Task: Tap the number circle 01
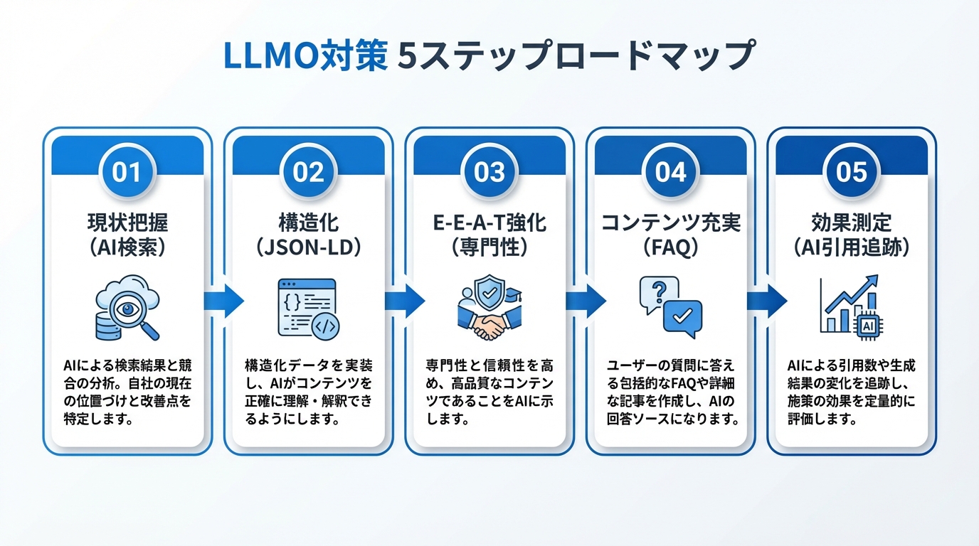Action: pos(127,173)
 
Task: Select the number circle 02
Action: pos(308,173)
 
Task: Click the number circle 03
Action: pos(489,173)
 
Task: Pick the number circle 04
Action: pos(670,173)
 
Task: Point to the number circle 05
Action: pos(852,173)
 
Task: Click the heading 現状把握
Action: pos(127,223)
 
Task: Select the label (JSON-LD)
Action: pos(308,247)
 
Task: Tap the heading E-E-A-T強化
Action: pos(489,223)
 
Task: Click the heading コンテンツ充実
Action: pos(670,223)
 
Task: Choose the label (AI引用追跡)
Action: pos(852,247)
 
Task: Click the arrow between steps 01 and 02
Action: pos(218,301)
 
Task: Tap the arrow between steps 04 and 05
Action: pos(762,301)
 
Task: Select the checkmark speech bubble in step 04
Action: pos(682,317)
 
